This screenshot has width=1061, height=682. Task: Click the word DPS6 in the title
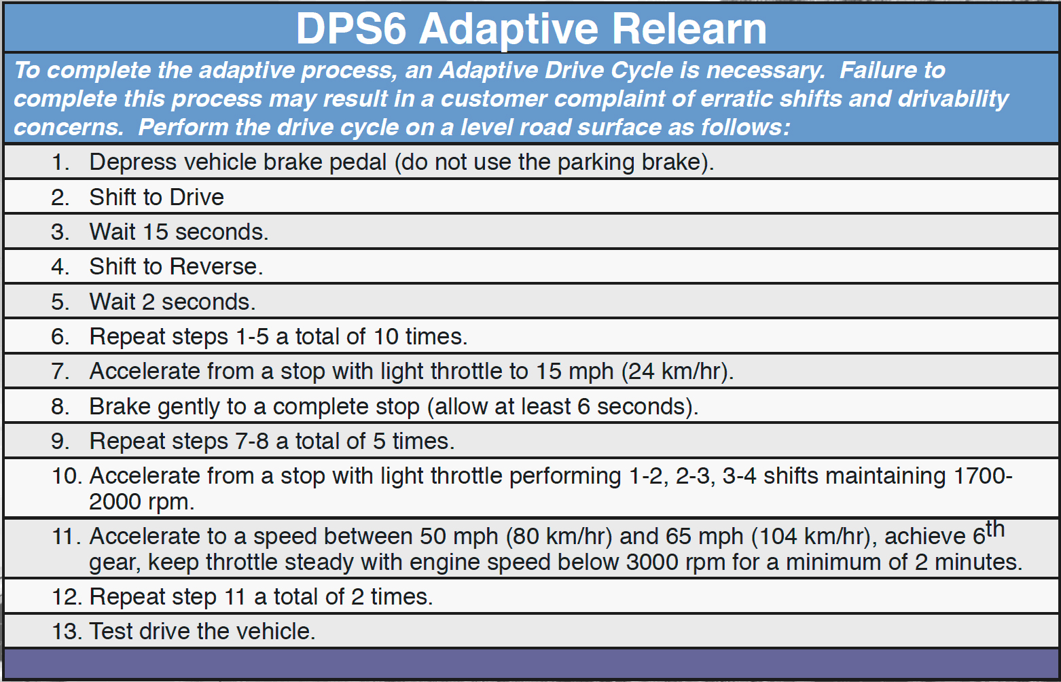coord(350,29)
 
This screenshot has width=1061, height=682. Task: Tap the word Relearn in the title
coord(689,29)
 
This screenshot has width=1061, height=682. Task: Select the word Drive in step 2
coord(196,197)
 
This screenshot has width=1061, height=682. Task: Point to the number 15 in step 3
coord(156,232)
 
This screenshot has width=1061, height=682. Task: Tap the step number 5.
coord(60,302)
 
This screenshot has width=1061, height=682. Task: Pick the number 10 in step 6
coord(386,336)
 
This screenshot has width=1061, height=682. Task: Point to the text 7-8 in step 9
coord(252,442)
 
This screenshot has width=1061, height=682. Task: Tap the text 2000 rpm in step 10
coord(140,502)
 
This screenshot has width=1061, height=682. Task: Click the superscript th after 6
coord(995,528)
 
